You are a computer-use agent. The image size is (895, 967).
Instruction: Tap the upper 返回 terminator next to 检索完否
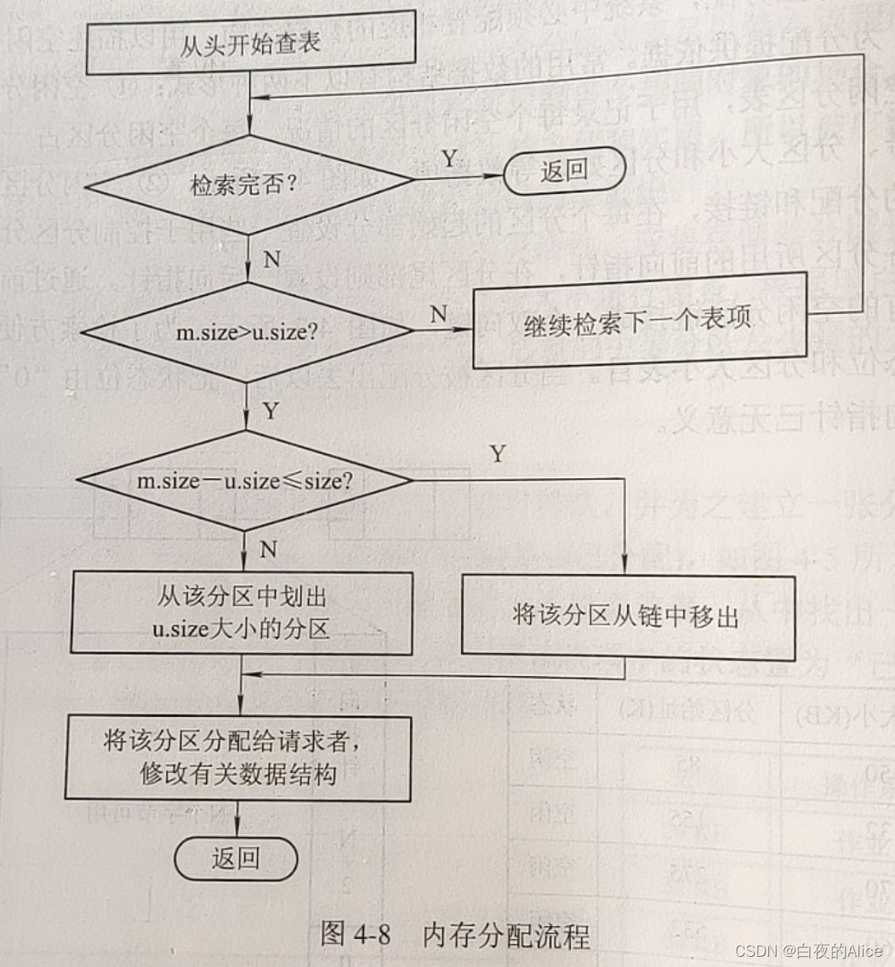click(x=563, y=170)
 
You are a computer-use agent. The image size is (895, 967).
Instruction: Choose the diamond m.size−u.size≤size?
click(x=245, y=481)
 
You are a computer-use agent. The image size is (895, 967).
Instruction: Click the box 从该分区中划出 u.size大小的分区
click(x=241, y=612)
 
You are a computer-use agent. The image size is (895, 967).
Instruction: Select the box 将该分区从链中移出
click(x=628, y=615)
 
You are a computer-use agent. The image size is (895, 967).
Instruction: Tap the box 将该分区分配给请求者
click(x=238, y=758)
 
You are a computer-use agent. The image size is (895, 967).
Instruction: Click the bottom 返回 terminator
click(x=236, y=859)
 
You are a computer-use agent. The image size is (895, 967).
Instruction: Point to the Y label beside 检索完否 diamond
click(x=448, y=157)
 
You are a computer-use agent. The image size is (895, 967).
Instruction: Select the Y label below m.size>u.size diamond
click(x=271, y=411)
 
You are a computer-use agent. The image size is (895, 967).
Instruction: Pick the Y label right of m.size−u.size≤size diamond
click(x=497, y=453)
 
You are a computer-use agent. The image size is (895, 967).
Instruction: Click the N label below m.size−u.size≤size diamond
click(x=269, y=549)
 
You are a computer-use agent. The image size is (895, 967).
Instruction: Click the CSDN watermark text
click(x=807, y=950)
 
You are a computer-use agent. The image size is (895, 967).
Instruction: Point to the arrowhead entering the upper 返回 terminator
click(x=497, y=177)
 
